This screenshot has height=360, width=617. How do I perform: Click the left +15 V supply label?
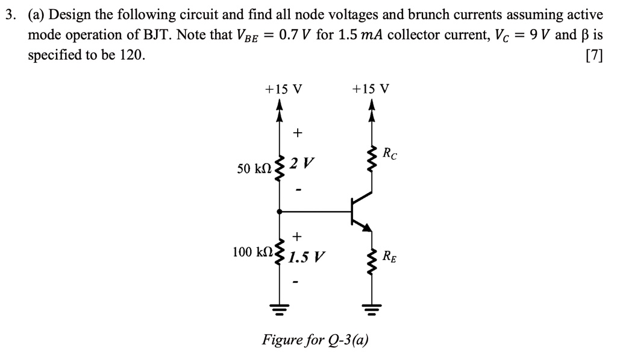[284, 89]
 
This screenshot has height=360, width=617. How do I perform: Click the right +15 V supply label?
[371, 89]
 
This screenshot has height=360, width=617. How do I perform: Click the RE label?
[390, 256]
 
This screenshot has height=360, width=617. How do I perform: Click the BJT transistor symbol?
[360, 211]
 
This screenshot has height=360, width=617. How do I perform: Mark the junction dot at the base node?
[278, 212]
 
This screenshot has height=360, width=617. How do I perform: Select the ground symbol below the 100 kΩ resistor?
[278, 308]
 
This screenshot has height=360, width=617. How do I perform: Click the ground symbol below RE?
[371, 308]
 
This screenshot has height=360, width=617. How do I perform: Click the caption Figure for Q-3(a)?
[315, 340]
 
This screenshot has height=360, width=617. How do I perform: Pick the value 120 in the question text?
[131, 55]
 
